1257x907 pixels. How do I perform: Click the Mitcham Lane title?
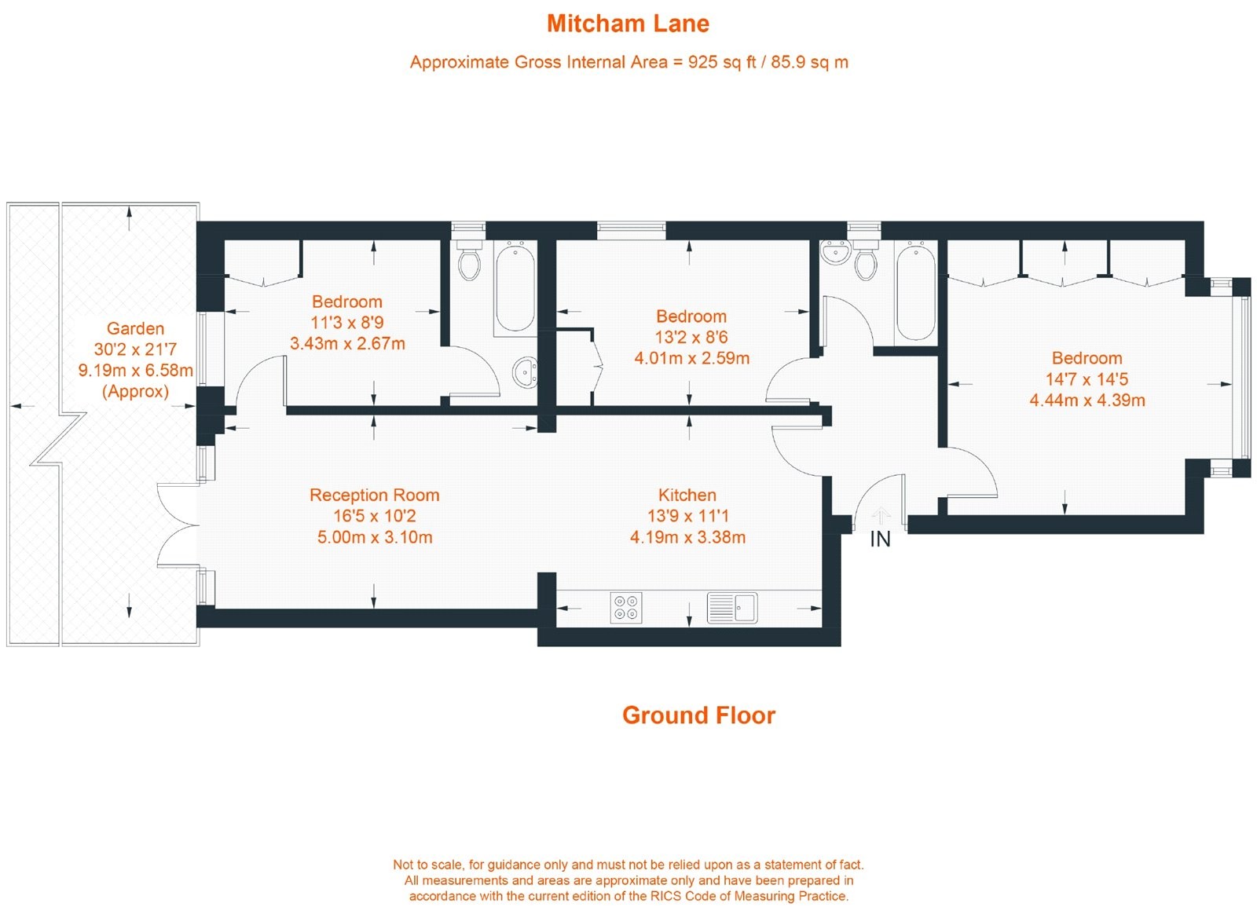[x=628, y=24]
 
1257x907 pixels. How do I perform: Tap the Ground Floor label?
[x=698, y=715]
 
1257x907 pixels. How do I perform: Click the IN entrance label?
[x=880, y=539]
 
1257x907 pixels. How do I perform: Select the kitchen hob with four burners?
[x=626, y=608]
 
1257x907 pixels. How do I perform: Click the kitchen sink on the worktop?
[x=732, y=607]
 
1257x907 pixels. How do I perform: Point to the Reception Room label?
[x=374, y=496]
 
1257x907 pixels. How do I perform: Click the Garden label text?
[x=135, y=329]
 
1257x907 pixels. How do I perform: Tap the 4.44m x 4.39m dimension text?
[x=1087, y=400]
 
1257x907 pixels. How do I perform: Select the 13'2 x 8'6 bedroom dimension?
[x=691, y=338]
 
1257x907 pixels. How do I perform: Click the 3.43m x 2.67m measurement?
[x=347, y=344]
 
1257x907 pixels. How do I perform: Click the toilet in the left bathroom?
[x=469, y=262]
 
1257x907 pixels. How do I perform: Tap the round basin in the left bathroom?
[x=525, y=372]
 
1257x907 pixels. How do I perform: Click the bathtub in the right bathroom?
[x=915, y=291]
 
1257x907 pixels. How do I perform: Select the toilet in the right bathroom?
[x=866, y=261]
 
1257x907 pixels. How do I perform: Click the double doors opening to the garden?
[x=178, y=525]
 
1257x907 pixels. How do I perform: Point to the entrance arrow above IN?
[x=881, y=516]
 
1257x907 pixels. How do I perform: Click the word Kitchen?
[x=687, y=496]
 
